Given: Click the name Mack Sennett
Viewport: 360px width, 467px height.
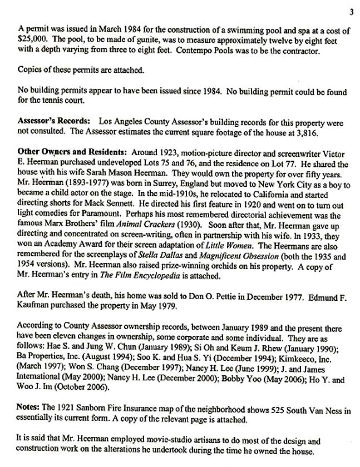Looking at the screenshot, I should (122, 197).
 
